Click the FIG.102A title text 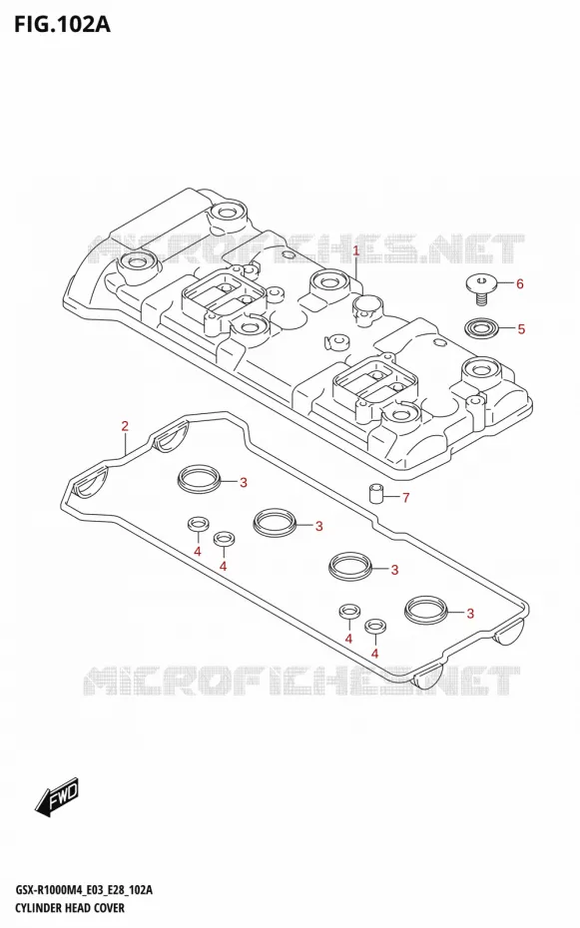click(62, 24)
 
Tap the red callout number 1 click(356, 250)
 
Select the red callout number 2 click(125, 425)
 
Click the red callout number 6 click(520, 284)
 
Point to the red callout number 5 click(521, 329)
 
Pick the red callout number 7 click(406, 498)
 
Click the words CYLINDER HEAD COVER click(69, 908)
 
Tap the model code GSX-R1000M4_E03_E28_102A click(84, 891)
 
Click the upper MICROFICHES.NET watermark click(305, 248)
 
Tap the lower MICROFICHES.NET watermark click(301, 681)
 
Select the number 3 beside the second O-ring click(319, 526)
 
